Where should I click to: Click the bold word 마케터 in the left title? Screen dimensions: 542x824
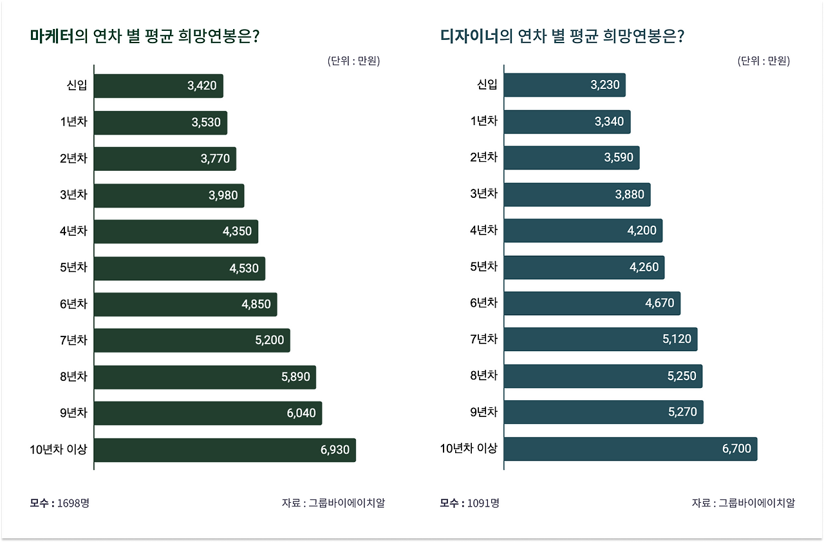(52, 36)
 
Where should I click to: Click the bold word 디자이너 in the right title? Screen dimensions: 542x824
(470, 36)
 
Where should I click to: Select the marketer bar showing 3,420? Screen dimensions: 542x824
(158, 86)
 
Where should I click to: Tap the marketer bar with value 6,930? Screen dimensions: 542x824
(225, 450)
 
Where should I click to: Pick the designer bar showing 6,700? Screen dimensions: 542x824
(630, 449)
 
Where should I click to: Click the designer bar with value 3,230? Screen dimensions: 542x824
(565, 84)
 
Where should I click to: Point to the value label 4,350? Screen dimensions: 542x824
(238, 231)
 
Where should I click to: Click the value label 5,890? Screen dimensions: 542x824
(295, 377)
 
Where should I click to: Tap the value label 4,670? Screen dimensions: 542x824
(660, 303)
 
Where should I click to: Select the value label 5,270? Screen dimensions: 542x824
(682, 412)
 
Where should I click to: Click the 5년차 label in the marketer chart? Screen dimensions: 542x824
(73, 267)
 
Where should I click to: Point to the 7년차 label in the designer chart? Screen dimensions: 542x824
(483, 339)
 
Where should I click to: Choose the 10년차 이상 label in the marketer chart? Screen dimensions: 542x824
(58, 450)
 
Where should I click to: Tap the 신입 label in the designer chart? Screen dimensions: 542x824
(487, 84)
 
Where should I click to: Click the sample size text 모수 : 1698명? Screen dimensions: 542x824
(59, 503)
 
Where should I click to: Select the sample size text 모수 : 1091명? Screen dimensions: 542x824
(469, 503)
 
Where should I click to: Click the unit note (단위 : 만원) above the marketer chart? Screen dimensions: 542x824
(353, 61)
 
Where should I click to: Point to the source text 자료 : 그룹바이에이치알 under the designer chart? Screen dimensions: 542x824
(743, 503)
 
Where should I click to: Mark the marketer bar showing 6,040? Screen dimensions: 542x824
(208, 413)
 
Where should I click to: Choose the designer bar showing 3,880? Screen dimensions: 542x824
(577, 194)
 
